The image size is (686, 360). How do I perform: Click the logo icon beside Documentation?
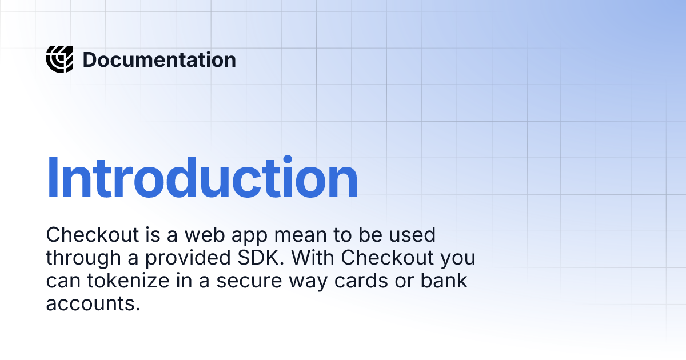tap(59, 59)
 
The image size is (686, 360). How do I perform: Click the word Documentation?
tap(159, 59)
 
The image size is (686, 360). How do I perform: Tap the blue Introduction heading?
tap(202, 178)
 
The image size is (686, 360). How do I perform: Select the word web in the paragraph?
tap(205, 235)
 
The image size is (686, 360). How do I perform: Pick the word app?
tap(249, 237)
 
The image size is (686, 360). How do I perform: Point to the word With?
tap(313, 258)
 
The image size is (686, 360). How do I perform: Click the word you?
tap(458, 259)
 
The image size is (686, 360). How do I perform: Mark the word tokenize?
tap(128, 281)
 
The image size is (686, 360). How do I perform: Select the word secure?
tap(249, 282)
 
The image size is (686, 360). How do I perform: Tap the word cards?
tap(361, 281)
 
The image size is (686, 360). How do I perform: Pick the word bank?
tap(444, 281)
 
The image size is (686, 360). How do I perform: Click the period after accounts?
tap(138, 309)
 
